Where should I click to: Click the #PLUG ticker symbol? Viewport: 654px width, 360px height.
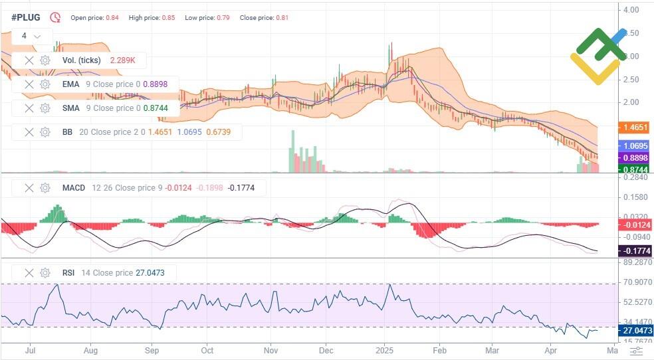(x=25, y=17)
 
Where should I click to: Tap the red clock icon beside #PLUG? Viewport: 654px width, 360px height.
(x=55, y=17)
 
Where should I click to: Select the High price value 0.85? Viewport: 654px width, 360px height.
(x=168, y=17)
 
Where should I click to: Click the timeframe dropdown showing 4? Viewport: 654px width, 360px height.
(x=31, y=36)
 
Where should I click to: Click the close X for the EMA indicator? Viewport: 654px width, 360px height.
(x=29, y=84)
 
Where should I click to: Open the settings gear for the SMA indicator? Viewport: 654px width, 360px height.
(x=45, y=108)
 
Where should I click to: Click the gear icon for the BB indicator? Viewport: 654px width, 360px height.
(x=45, y=132)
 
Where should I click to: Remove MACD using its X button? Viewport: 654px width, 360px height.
(x=29, y=188)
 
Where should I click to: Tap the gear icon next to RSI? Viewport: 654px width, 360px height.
(x=45, y=272)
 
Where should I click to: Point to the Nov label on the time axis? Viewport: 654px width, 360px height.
(x=271, y=349)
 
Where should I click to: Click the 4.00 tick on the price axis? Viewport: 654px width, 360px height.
(x=631, y=10)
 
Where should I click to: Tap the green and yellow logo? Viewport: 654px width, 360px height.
(x=598, y=56)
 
